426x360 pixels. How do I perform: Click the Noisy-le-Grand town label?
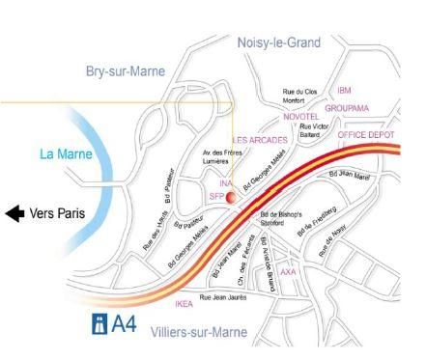tap(278, 42)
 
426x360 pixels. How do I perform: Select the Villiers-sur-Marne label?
tap(200, 333)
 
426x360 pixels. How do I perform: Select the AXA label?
tap(288, 271)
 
